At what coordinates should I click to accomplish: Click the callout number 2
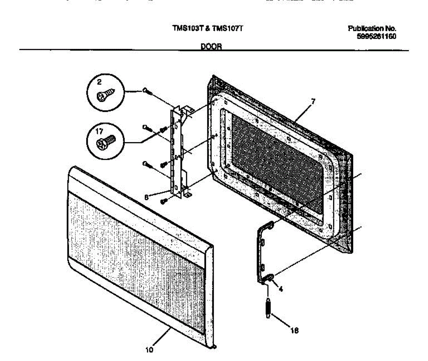click(x=99, y=82)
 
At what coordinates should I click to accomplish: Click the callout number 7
click(x=313, y=101)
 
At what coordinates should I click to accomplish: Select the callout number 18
click(x=295, y=331)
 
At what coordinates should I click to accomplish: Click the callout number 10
click(x=149, y=350)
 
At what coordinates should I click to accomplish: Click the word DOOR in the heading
click(x=211, y=46)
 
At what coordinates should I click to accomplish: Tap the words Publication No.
click(x=372, y=29)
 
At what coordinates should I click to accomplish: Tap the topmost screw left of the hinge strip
click(x=147, y=91)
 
